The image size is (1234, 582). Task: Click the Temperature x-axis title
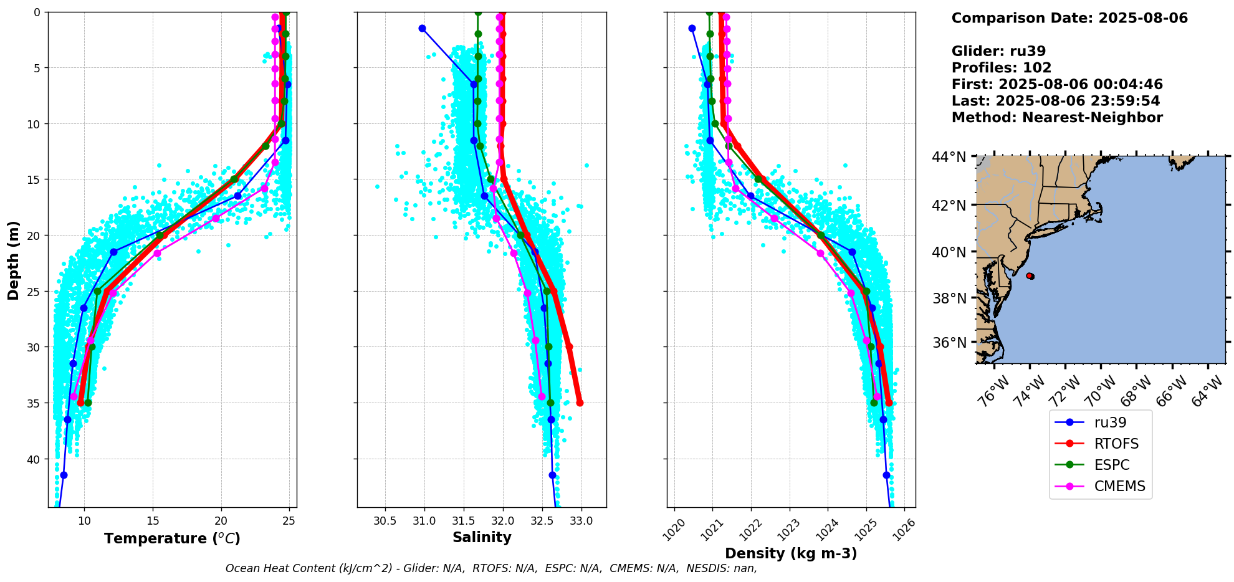[172, 538]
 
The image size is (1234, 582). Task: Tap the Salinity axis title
[482, 538]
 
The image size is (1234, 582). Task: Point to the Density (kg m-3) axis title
[791, 553]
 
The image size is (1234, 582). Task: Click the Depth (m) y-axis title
[14, 260]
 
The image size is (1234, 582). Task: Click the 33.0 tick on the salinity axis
[581, 521]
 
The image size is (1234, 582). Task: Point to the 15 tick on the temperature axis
[153, 521]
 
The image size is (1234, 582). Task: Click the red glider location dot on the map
[1030, 275]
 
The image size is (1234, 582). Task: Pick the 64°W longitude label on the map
[1207, 391]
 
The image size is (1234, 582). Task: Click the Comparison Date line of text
[1069, 18]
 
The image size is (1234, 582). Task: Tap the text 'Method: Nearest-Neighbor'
[1057, 118]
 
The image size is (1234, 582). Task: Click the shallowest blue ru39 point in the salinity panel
[422, 28]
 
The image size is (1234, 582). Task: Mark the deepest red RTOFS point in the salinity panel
[580, 403]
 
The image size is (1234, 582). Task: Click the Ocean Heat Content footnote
[491, 568]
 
